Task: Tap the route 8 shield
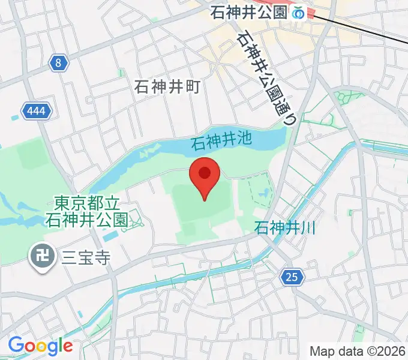[58, 62]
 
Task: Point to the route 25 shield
[291, 277]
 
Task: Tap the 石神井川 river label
[285, 228]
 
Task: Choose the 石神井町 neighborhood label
[167, 86]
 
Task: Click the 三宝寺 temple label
[86, 258]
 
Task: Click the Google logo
[40, 346]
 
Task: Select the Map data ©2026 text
[357, 351]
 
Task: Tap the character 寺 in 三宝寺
[103, 258]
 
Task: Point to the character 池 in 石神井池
[242, 143]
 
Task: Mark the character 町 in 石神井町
[192, 86]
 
